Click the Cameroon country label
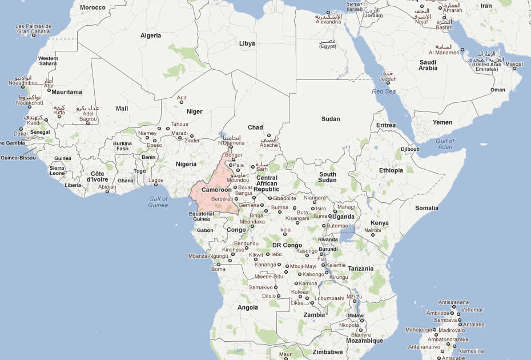[x=216, y=189]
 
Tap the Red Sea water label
[x=383, y=91]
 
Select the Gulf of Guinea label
[x=158, y=201]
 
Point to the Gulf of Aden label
[x=445, y=145]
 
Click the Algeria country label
[x=151, y=35]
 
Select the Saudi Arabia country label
[x=428, y=65]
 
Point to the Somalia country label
[x=427, y=208]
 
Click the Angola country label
[x=248, y=307]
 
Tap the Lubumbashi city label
[x=331, y=298]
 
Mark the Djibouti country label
[x=410, y=149]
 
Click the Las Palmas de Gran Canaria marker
[x=33, y=35]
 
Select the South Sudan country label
[x=327, y=177]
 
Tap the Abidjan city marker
[x=106, y=191]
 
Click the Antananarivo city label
[x=424, y=346]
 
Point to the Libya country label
[x=247, y=43]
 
